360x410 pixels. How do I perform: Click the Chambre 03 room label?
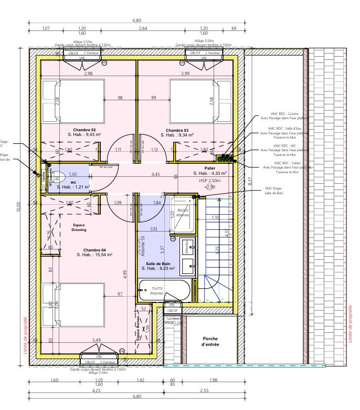[x=177, y=130]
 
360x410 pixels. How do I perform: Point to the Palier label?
[x=210, y=169]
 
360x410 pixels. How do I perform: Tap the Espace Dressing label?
[x=79, y=227]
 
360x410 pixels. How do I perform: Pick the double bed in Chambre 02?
[x=73, y=100]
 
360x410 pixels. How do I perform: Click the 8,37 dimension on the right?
[x=250, y=181]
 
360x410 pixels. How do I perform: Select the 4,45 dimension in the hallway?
[x=156, y=174]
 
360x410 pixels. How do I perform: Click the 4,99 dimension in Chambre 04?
[x=124, y=274]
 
